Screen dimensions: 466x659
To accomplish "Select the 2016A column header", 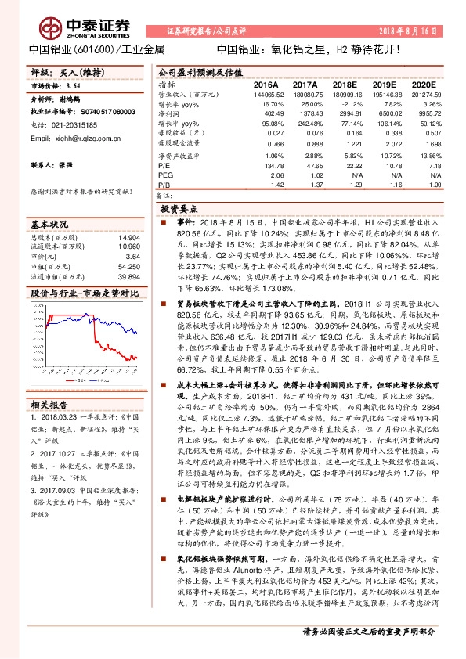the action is (266, 84).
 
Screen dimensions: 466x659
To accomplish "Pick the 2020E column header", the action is (423, 84).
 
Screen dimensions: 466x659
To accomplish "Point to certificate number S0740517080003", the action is (92, 112).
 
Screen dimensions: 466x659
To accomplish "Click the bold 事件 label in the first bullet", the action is (182, 223).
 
